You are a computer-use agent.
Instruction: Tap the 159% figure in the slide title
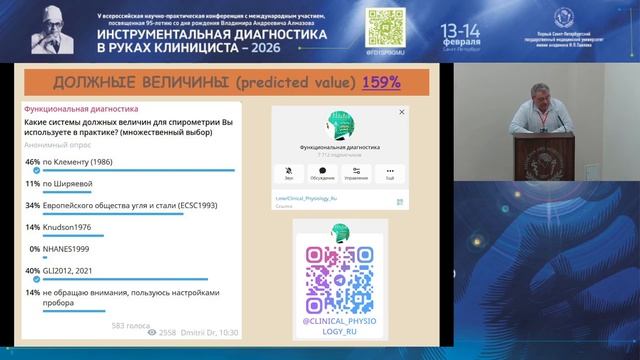tap(381, 82)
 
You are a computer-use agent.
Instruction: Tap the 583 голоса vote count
tap(129, 325)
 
